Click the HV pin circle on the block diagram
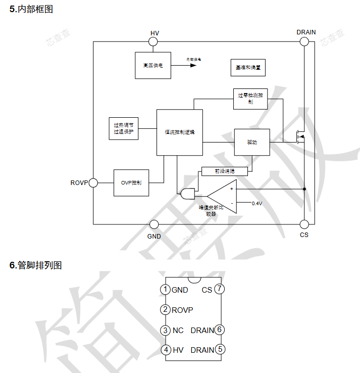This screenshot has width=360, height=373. tap(155, 42)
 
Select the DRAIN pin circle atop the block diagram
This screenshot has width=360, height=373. tap(304, 42)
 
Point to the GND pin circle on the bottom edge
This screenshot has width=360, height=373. tap(155, 224)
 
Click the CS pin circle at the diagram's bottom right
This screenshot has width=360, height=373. tap(304, 224)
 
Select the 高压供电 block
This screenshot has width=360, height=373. tap(153, 65)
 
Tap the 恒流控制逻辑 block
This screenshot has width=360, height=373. tap(179, 132)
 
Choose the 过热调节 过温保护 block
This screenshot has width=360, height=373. tap(124, 128)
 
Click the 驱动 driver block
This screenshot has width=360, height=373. tap(252, 143)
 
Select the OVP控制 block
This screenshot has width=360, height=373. tap(131, 182)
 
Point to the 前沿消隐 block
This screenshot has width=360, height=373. tap(225, 171)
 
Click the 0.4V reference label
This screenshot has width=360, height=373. tap(257, 203)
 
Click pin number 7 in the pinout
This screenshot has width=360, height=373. tap(219, 289)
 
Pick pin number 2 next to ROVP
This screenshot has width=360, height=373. tap(165, 310)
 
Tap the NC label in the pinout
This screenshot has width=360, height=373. tap(178, 330)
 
